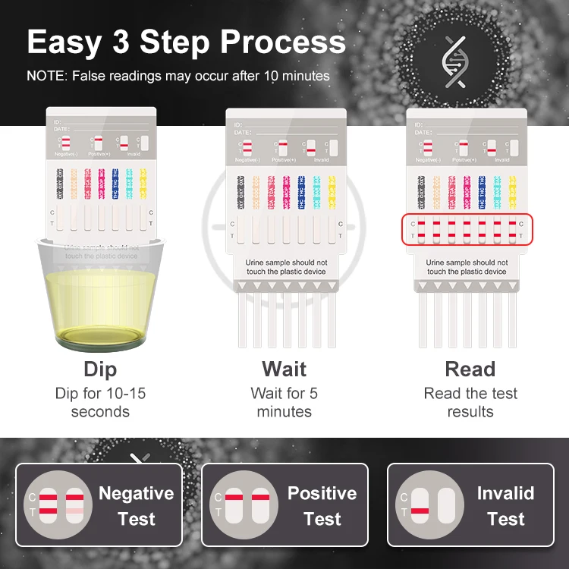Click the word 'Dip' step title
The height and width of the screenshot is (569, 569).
point(100,369)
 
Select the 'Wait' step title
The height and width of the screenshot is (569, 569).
point(284,369)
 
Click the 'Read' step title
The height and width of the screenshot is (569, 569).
point(470,369)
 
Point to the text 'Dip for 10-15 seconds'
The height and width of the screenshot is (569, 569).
point(100,403)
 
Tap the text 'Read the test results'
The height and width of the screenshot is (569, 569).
point(470,403)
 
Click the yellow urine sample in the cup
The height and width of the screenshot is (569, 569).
point(100,307)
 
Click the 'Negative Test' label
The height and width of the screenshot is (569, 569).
point(137,506)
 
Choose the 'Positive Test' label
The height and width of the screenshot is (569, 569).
point(322,506)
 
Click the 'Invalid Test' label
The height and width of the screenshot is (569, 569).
point(505,506)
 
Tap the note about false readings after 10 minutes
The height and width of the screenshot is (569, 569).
point(178,76)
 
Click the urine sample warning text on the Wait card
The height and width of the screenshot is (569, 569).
point(286,267)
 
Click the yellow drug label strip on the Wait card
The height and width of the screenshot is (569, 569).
point(332,192)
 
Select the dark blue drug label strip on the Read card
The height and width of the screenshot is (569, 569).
point(482,192)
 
